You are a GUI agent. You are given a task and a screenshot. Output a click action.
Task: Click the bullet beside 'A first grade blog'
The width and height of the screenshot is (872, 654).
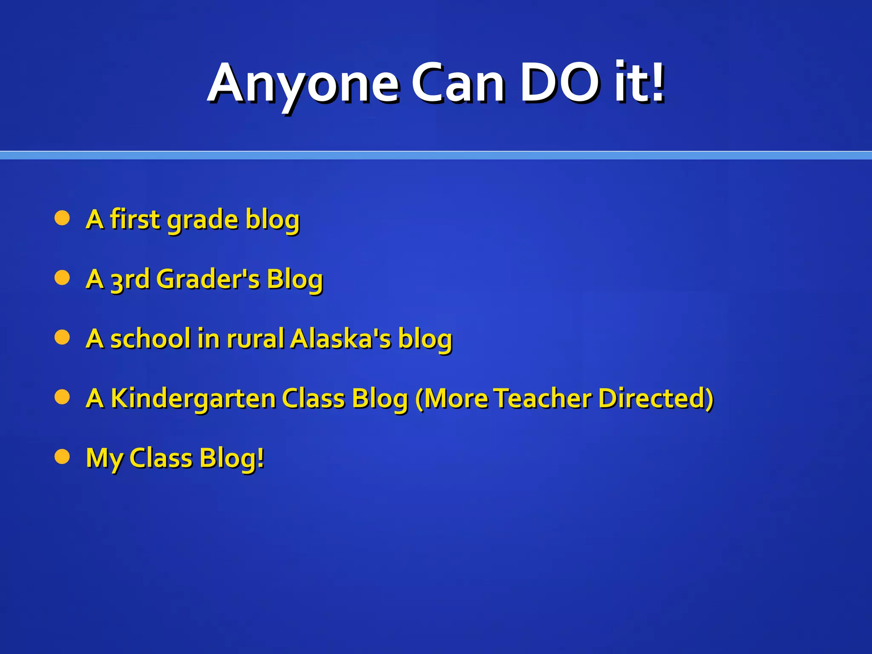click(62, 218)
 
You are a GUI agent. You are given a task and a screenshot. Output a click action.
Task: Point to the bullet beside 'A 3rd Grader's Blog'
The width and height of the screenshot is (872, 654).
click(62, 278)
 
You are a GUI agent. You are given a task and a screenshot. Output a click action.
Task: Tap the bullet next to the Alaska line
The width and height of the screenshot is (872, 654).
click(62, 338)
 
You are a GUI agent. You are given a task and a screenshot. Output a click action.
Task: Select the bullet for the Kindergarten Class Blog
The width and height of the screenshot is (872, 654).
click(62, 397)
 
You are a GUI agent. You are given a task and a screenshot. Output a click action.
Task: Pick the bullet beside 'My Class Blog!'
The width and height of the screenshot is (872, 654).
click(62, 457)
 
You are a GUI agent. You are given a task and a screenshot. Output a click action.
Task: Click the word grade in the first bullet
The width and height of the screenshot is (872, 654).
click(203, 220)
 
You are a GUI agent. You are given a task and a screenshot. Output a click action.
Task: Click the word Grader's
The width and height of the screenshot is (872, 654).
click(208, 280)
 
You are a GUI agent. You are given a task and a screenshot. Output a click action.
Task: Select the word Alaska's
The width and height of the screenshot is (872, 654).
click(341, 339)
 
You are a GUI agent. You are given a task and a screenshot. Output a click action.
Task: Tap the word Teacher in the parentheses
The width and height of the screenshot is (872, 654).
click(543, 399)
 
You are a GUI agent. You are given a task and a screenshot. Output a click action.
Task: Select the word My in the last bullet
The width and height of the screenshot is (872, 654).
click(105, 459)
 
